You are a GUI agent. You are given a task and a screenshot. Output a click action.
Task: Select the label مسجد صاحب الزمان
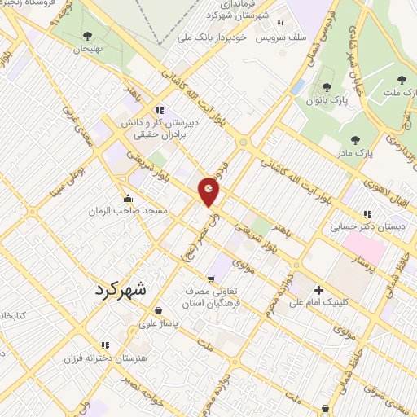tap(129, 210)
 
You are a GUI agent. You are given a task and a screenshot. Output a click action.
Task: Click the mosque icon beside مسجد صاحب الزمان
tap(128, 198)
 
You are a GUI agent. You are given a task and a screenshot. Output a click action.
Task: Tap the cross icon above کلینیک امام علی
tap(318, 290)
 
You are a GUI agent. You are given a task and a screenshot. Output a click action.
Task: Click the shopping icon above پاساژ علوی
tap(157, 310)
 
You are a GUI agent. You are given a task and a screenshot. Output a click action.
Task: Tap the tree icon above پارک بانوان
tap(327, 87)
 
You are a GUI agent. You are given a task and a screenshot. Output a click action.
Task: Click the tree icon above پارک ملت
tap(400, 80)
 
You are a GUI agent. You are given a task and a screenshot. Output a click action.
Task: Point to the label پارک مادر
tap(352, 152)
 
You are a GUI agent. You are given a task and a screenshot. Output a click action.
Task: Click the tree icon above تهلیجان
tap(87, 36)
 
